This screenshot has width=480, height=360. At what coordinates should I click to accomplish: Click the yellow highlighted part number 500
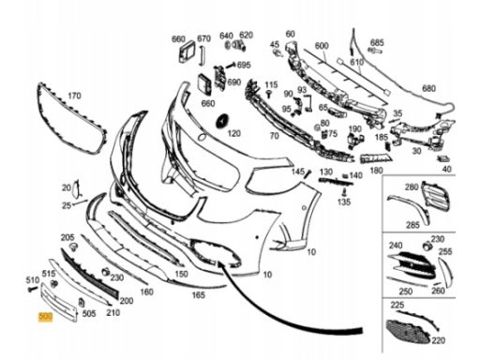pyautogui.click(x=45, y=317)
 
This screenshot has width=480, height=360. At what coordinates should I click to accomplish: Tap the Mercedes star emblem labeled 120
pyautogui.click(x=223, y=122)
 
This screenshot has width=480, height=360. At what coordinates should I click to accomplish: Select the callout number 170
pyautogui.click(x=74, y=96)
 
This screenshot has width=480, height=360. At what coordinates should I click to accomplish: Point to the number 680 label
pyautogui.click(x=428, y=88)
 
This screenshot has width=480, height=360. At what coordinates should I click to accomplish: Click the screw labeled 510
pyautogui.click(x=32, y=289)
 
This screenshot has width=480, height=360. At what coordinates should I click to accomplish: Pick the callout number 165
pyautogui.click(x=198, y=294)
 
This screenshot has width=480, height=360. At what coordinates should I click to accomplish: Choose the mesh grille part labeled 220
pyautogui.click(x=407, y=333)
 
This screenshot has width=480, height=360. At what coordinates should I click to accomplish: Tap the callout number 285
pyautogui.click(x=412, y=225)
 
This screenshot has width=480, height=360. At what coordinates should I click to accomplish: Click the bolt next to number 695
pyautogui.click(x=230, y=66)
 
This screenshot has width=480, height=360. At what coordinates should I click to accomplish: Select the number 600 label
pyautogui.click(x=322, y=46)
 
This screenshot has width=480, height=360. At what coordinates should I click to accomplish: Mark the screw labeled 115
pyautogui.click(x=268, y=94)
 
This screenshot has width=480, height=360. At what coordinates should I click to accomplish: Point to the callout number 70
pyautogui.click(x=274, y=136)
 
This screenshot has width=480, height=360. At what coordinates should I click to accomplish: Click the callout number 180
pyautogui.click(x=376, y=171)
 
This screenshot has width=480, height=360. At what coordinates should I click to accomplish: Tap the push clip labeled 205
pyautogui.click(x=73, y=247)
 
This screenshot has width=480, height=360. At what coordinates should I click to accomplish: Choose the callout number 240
pyautogui.click(x=396, y=246)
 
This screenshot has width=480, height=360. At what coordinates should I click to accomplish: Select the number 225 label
pyautogui.click(x=397, y=305)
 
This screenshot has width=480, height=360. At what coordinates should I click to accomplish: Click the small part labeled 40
pyautogui.click(x=443, y=158)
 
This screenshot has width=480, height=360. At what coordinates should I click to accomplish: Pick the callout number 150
pyautogui.click(x=181, y=274)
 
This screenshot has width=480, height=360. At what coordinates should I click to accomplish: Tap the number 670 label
pyautogui.click(x=203, y=38)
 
